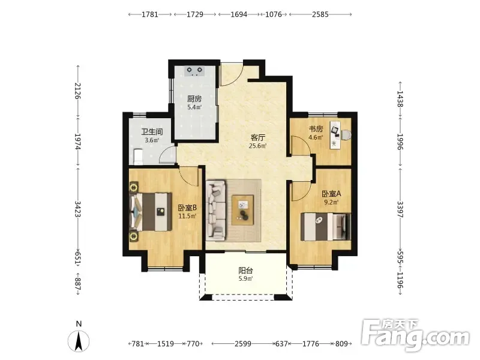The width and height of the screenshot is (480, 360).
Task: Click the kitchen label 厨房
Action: [194, 99]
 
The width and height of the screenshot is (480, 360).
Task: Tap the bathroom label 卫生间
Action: [152, 132]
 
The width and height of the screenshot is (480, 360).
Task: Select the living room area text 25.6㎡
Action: [257, 146]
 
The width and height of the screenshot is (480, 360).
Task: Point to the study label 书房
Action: [316, 129]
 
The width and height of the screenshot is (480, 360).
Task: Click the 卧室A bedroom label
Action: [331, 194]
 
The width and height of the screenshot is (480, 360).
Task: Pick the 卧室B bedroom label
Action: [187, 208]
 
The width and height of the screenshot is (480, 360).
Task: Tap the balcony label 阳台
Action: [245, 271]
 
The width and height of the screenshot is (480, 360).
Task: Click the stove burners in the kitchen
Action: [194, 71]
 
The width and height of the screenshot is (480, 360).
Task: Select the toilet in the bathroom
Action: [138, 157]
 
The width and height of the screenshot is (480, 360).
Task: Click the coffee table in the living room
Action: [242, 210]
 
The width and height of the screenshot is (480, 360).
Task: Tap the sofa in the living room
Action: [216, 209]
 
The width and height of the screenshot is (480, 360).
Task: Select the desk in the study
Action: [335, 135]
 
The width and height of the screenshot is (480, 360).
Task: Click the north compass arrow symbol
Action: [79, 341]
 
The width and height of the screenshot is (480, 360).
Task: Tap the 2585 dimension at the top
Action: [320, 14]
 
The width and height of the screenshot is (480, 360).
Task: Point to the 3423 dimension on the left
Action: [78, 209]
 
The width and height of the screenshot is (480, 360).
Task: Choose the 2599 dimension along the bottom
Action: [243, 344]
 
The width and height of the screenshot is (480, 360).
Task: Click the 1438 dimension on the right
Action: [400, 99]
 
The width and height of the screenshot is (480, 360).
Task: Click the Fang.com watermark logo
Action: [415, 335]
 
